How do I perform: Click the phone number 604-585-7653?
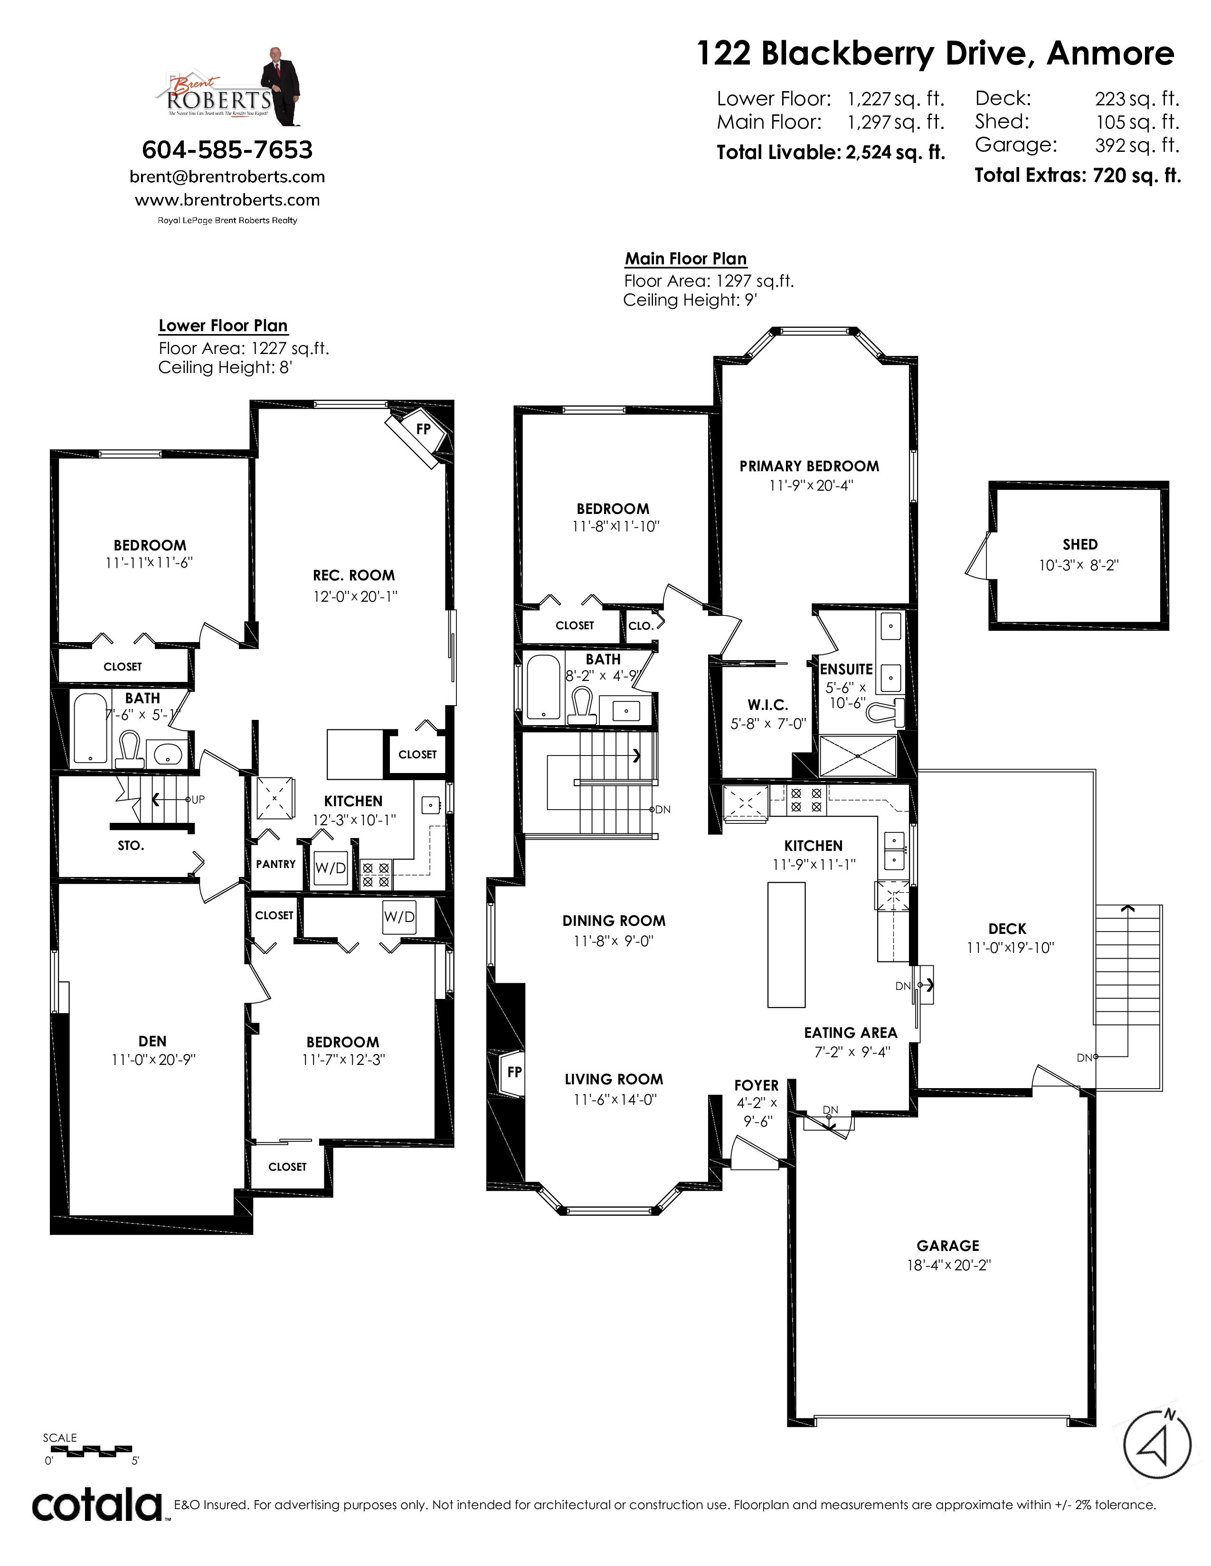coord(227,150)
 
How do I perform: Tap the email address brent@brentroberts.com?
coord(227,177)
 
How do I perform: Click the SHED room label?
coord(1080,544)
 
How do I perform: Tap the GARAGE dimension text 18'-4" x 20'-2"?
coord(948,1265)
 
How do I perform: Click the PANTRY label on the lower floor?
coord(275,864)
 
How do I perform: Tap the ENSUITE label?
coord(847,669)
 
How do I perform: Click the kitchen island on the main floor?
coord(786,944)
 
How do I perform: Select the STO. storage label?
coord(131,845)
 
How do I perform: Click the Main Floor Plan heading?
coord(686,259)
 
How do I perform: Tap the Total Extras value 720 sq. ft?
coord(1136,176)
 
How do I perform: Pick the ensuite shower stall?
coord(858,755)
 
